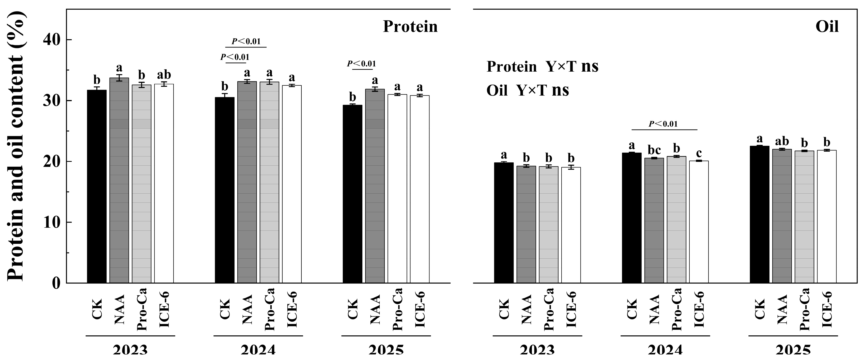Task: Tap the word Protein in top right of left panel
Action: (410, 27)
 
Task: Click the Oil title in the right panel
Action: (827, 27)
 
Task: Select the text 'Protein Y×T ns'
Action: (542, 67)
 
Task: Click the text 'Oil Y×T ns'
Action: (527, 90)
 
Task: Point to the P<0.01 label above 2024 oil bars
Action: (663, 124)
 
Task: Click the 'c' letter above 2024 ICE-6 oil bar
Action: (699, 153)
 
